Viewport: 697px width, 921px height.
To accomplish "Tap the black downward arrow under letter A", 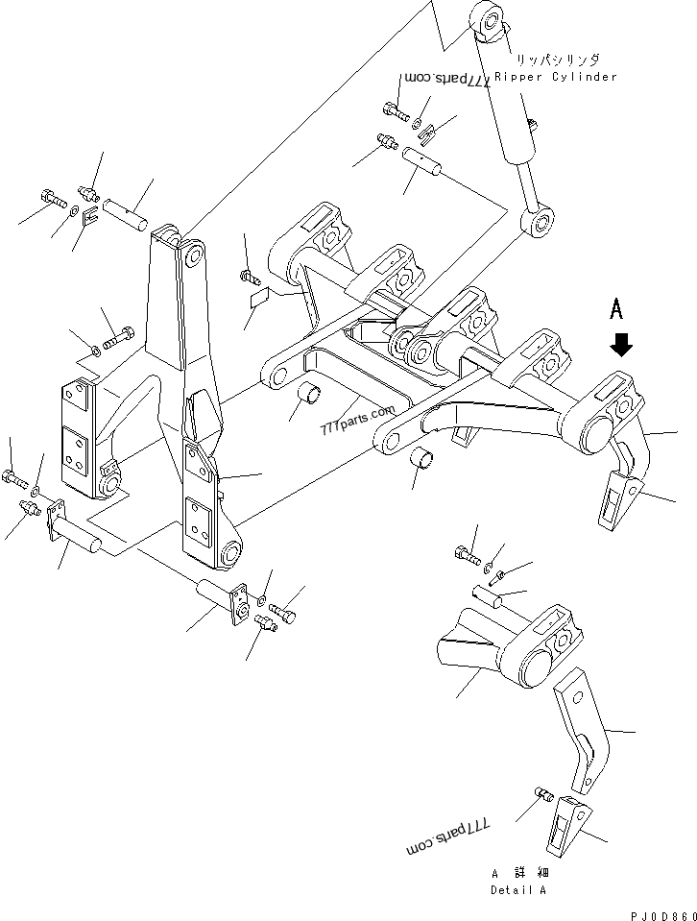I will (x=621, y=345).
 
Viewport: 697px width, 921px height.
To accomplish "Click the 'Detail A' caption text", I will (x=519, y=890).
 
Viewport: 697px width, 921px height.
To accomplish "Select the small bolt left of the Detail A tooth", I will (x=540, y=795).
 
